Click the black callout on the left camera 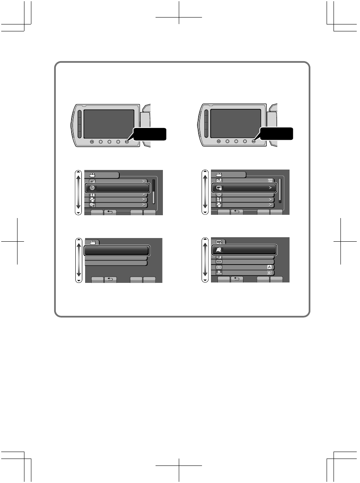tap(151, 134)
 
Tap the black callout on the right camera tap(278, 134)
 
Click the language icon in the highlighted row tap(219, 249)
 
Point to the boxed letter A tap(270, 267)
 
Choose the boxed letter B tap(270, 273)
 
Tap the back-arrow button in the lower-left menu tap(110, 279)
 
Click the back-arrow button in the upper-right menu tap(237, 212)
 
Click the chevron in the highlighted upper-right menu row tap(269, 188)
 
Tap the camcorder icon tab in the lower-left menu tap(92, 242)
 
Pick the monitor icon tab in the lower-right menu tap(219, 242)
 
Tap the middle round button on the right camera tap(235, 142)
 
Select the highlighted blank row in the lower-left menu tap(116, 250)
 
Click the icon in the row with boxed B tap(219, 273)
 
